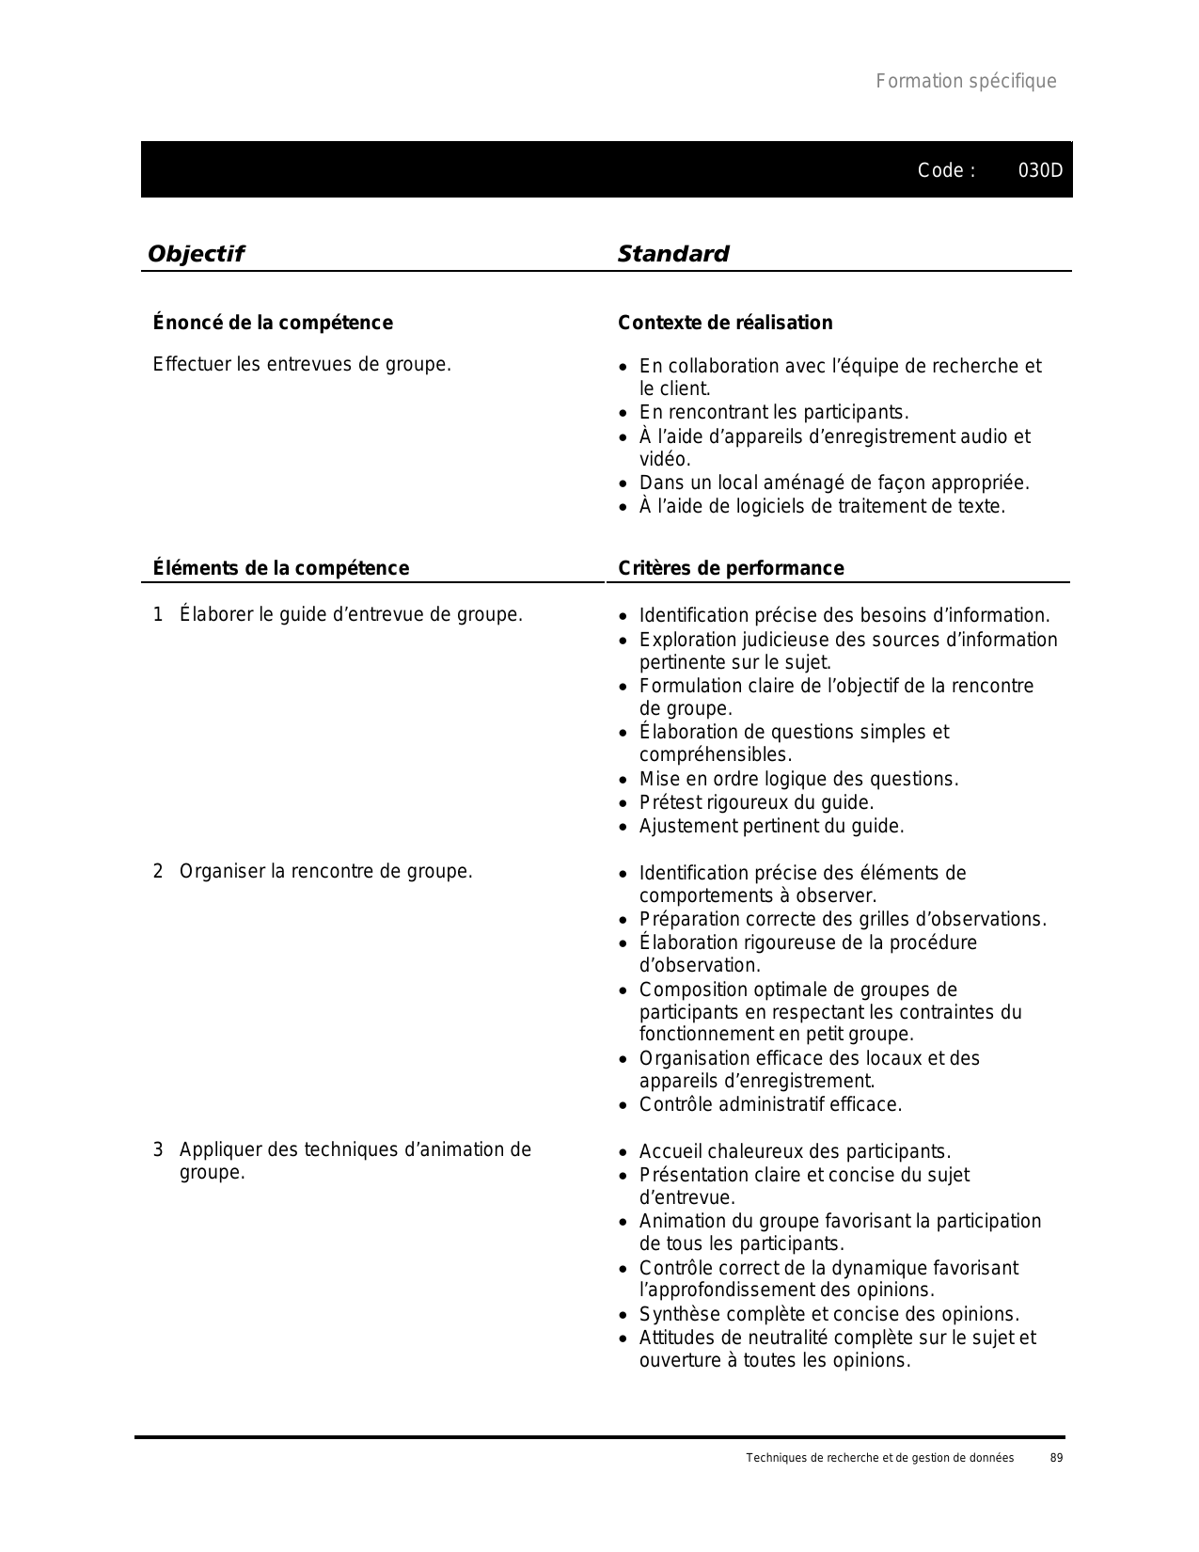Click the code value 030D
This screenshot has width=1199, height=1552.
pos(1041,170)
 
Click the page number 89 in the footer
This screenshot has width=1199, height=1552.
pos(1056,1458)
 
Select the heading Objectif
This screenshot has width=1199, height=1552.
pos(196,254)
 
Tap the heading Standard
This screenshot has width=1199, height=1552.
pos(673,254)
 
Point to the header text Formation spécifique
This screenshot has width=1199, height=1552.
pos(966,81)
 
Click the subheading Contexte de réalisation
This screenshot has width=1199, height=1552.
pos(725,323)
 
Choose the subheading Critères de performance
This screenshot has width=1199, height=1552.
pos(731,568)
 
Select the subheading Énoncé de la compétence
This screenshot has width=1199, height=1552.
pos(273,323)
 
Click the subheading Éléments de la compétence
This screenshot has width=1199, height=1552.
pos(281,568)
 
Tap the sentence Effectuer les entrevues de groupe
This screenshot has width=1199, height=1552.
pos(302,364)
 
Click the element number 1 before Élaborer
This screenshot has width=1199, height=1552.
pos(158,615)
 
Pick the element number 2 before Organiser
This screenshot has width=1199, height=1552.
pos(158,871)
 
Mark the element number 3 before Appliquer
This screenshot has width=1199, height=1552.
pos(158,1149)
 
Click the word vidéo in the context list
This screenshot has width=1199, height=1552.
pos(664,460)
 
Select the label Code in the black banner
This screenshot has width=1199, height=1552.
pos(940,170)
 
